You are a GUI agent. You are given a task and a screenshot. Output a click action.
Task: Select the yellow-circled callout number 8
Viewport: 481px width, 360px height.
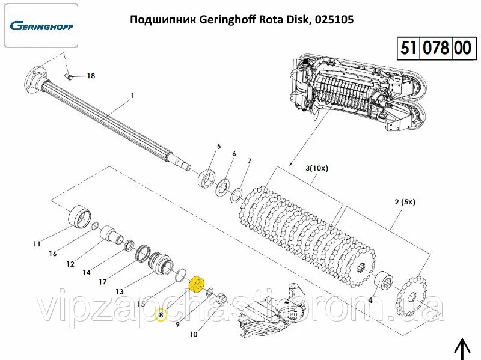pyautogui.click(x=160, y=314)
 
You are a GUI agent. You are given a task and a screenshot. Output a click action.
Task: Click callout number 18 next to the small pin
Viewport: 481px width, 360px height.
pyautogui.click(x=91, y=76)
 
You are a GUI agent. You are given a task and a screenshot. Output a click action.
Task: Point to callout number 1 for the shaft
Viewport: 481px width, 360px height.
pyautogui.click(x=133, y=96)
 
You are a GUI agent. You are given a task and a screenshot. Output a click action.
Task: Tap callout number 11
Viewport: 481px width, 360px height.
pyautogui.click(x=37, y=243)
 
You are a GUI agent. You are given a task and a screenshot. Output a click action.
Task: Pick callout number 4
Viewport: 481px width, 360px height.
pyautogui.click(x=370, y=300)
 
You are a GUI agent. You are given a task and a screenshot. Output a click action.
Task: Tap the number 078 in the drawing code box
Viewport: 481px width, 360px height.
pyautogui.click(x=436, y=47)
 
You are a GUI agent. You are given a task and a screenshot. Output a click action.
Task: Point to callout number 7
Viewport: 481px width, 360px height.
pyautogui.click(x=248, y=161)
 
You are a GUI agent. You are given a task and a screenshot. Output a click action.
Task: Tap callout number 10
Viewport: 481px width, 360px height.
pyautogui.click(x=194, y=334)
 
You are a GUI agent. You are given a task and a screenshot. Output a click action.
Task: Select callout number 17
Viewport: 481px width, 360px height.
pyautogui.click(x=103, y=282)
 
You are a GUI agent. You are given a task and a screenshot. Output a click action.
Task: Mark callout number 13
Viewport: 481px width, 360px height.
pyautogui.click(x=120, y=291)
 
